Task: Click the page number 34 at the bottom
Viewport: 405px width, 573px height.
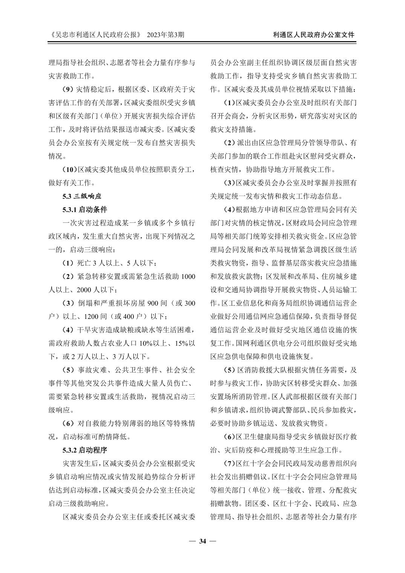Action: (x=202, y=542)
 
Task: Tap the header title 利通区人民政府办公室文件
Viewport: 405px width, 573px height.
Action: (x=314, y=35)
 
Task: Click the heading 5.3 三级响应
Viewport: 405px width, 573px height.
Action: (x=82, y=196)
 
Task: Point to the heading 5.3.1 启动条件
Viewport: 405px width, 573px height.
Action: (x=85, y=209)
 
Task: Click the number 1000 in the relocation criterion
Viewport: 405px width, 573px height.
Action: (x=188, y=276)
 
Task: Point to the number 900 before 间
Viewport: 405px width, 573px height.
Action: (x=153, y=303)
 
